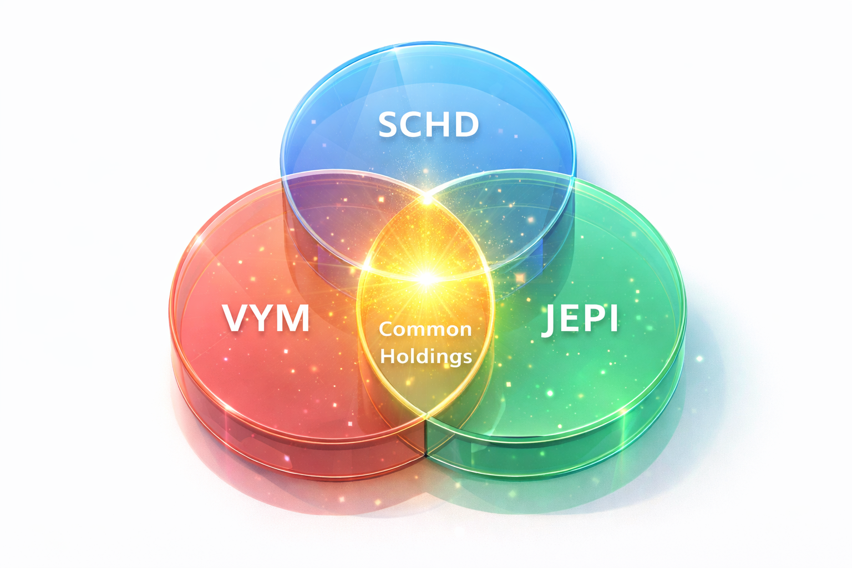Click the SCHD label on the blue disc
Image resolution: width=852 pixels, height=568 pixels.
pyautogui.click(x=428, y=124)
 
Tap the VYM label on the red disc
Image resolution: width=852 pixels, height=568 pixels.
pyautogui.click(x=266, y=318)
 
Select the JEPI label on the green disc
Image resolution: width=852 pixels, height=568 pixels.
pyautogui.click(x=579, y=319)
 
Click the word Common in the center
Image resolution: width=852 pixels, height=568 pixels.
pyautogui.click(x=425, y=329)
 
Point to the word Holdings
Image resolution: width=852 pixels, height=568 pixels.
pyautogui.click(x=426, y=356)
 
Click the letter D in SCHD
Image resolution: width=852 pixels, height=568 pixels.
pyautogui.click(x=466, y=124)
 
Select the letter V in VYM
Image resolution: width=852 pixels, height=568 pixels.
pyautogui.click(x=236, y=318)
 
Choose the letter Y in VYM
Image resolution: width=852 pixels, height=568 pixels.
pyautogui.click(x=264, y=318)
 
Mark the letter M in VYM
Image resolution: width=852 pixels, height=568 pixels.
pyautogui.click(x=293, y=318)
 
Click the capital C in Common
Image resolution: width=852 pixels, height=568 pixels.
pyautogui.click(x=387, y=329)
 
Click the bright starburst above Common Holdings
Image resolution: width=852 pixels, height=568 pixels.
pyautogui.click(x=426, y=277)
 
